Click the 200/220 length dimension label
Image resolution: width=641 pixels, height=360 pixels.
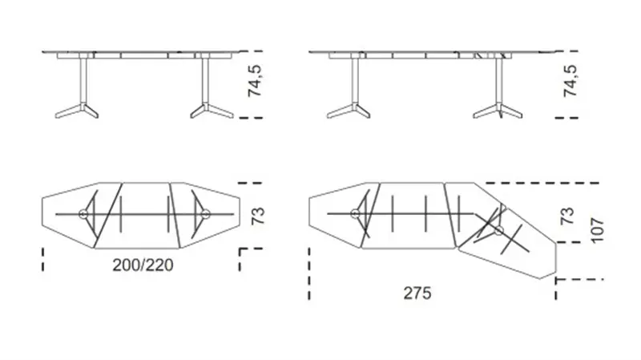pyautogui.click(x=143, y=265)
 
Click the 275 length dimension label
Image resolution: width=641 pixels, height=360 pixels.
pyautogui.click(x=417, y=293)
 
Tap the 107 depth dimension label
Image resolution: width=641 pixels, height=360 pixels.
pyautogui.click(x=597, y=230)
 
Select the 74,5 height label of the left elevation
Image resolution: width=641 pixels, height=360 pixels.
pyautogui.click(x=255, y=81)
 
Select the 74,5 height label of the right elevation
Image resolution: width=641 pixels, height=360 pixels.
pyautogui.click(x=570, y=81)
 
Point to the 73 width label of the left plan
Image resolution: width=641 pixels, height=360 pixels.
pyautogui.click(x=258, y=216)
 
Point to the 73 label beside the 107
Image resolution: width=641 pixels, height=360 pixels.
pyautogui.click(x=567, y=216)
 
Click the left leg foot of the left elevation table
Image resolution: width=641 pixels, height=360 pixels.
pyautogui.click(x=77, y=111)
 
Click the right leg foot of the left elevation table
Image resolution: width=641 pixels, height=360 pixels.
pyautogui.click(x=212, y=111)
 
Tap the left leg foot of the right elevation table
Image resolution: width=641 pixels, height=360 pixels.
pyautogui.click(x=349, y=111)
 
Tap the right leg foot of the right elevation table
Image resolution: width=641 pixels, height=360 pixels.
pyautogui.click(x=498, y=111)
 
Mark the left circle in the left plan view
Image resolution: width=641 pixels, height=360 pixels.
pyautogui.click(x=83, y=213)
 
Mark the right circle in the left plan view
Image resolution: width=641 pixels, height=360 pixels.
pyautogui.click(x=205, y=213)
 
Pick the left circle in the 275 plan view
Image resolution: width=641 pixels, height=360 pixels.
pyautogui.click(x=355, y=213)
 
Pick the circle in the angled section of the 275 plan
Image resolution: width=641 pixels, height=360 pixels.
pyautogui.click(x=498, y=231)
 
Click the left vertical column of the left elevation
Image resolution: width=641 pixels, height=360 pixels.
pyautogui.click(x=83, y=79)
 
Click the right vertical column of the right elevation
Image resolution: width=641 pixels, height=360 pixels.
pyautogui.click(x=498, y=80)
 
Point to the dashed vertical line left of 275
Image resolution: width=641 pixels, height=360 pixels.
pyautogui.click(x=309, y=273)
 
